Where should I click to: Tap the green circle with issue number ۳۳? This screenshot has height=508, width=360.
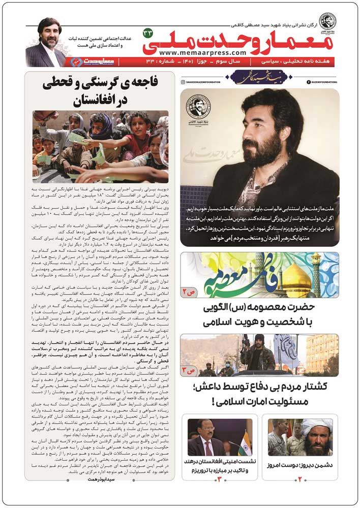[x=148, y=34]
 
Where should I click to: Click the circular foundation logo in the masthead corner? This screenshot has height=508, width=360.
[x=327, y=21]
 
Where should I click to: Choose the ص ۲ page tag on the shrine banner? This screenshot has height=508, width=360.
[x=191, y=293]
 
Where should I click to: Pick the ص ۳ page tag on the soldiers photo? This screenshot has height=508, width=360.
[x=191, y=370]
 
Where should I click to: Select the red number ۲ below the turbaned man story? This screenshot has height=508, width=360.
[x=300, y=479]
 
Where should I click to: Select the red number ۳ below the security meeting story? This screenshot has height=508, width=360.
[x=219, y=479]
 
